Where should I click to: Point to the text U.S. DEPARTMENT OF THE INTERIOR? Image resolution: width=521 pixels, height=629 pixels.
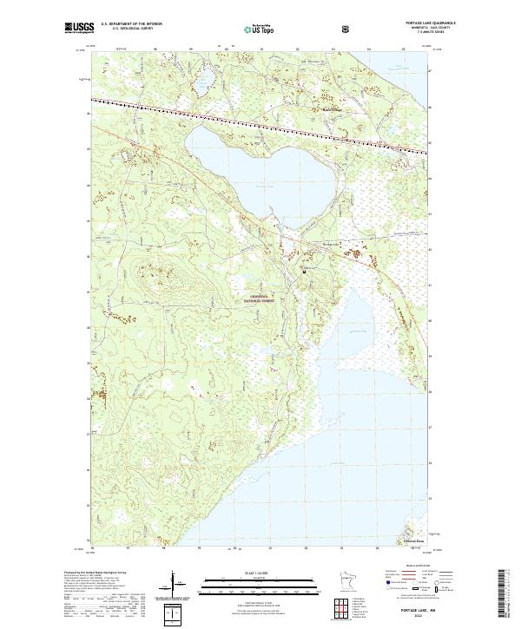[x=131, y=23]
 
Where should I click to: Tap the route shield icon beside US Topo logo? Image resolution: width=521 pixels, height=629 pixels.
[x=297, y=28]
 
